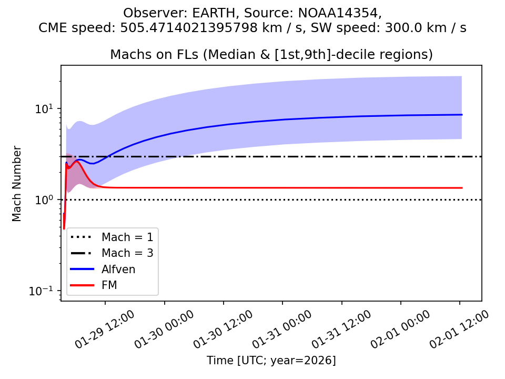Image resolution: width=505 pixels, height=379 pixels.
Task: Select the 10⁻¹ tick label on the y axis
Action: point(45,291)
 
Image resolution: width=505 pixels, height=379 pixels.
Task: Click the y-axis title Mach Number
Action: point(17,184)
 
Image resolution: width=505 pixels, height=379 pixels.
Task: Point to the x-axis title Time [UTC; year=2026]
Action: point(271,361)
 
